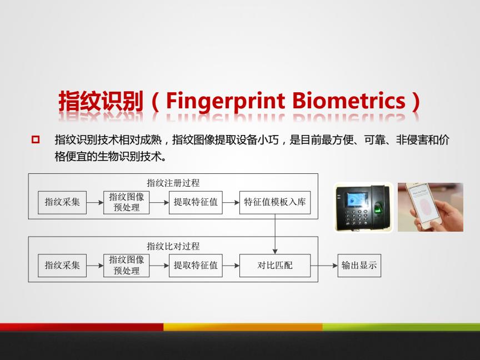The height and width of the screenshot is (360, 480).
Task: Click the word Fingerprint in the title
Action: click(226, 102)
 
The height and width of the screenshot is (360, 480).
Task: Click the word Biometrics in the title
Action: click(349, 101)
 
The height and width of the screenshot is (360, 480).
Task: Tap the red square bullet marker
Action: click(36, 139)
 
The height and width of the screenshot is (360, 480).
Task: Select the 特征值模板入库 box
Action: click(275, 202)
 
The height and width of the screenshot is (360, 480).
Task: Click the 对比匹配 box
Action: click(275, 266)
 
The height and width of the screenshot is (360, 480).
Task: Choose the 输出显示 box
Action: click(359, 266)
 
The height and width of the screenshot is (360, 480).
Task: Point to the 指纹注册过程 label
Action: click(173, 183)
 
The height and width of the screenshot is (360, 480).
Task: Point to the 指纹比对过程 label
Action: click(173, 246)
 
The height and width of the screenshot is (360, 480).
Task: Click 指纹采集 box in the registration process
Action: click(62, 202)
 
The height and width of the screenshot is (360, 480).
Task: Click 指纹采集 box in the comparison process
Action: click(62, 266)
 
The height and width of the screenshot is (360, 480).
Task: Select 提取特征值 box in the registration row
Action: click(196, 202)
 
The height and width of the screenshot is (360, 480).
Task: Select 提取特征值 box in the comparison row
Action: click(196, 266)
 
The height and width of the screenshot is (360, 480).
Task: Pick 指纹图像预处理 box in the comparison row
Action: click(127, 266)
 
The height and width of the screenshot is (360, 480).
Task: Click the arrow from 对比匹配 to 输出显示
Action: click(324, 266)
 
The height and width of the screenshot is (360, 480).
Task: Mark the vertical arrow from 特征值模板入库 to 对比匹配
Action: click(275, 234)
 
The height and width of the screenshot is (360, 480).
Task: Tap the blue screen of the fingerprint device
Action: click(356, 199)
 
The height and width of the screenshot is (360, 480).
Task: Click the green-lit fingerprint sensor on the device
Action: click(378, 209)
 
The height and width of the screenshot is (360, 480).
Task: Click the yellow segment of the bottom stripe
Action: click(243, 327)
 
